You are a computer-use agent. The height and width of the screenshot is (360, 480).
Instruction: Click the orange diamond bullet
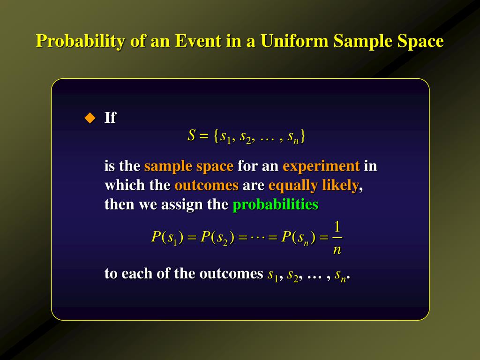[89, 117]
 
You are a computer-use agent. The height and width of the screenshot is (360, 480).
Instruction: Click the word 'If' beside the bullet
[110, 118]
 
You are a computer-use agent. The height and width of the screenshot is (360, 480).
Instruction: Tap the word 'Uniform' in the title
[295, 41]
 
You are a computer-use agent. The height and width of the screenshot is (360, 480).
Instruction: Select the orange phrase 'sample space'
[188, 166]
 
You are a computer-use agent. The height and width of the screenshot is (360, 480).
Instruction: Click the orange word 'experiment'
[321, 166]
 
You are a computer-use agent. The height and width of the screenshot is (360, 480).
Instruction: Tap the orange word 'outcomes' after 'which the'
[206, 185]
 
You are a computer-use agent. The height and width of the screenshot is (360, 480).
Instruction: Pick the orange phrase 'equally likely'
[314, 185]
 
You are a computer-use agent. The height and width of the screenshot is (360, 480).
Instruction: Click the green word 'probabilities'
[275, 205]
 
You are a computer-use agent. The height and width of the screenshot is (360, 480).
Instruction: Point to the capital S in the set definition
[191, 136]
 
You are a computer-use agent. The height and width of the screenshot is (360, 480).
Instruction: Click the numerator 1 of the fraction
[337, 227]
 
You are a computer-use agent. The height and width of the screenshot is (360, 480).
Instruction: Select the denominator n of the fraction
[337, 250]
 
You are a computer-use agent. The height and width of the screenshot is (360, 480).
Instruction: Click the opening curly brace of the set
[216, 136]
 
